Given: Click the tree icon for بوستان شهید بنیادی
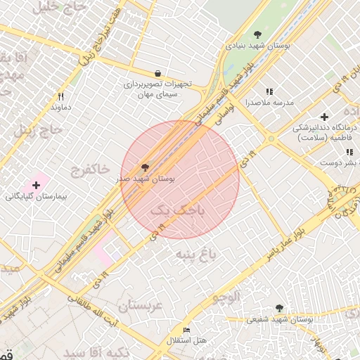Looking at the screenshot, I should (258, 34).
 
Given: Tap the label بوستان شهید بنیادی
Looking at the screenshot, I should (258, 45).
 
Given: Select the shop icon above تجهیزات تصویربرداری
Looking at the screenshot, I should (157, 73).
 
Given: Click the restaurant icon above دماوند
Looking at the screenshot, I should (61, 96).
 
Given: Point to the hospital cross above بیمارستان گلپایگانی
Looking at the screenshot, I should (36, 184).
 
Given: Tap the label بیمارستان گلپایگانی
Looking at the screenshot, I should (35, 195).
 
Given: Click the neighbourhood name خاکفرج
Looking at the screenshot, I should (90, 169).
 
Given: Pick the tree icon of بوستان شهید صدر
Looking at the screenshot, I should (146, 167).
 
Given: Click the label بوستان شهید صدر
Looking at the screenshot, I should (146, 179).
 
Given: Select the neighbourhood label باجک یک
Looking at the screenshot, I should (172, 209).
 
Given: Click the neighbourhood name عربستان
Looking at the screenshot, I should (140, 306).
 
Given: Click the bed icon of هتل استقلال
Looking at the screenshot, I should (186, 330).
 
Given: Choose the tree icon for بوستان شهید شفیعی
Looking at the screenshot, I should (280, 308).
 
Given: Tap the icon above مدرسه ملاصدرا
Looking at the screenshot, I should (269, 91).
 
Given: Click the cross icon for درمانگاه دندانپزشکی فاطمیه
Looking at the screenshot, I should (324, 116).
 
